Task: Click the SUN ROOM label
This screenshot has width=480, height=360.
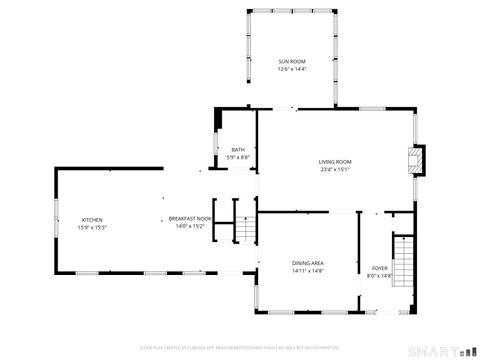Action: tap(292, 62)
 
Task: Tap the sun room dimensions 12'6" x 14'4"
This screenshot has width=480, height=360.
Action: tap(292, 69)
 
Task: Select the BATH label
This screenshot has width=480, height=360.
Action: tap(237, 150)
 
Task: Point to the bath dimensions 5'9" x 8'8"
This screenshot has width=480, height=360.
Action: tap(237, 157)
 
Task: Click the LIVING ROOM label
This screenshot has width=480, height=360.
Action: tap(335, 162)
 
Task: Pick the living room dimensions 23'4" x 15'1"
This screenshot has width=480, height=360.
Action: tap(335, 169)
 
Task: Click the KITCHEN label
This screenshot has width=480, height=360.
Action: tap(92, 220)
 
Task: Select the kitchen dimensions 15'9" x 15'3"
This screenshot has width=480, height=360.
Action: tap(92, 227)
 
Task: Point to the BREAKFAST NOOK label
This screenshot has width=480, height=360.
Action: tap(190, 219)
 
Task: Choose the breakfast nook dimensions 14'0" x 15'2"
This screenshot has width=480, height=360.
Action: tap(190, 226)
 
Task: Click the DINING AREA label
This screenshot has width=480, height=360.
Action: tap(307, 263)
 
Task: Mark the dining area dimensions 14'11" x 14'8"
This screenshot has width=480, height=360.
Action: tap(307, 270)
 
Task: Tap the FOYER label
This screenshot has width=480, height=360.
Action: tap(380, 268)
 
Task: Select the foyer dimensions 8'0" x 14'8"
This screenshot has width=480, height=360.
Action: tap(380, 275)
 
